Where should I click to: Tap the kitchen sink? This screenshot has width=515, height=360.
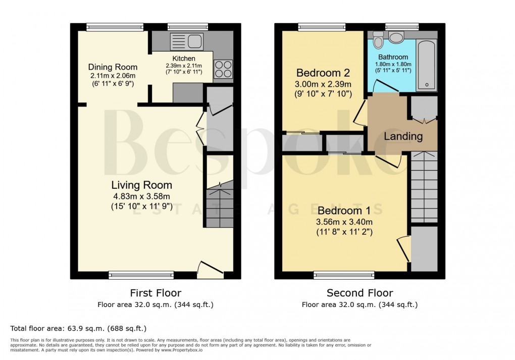point(186,40)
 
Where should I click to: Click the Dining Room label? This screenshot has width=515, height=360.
point(113,67)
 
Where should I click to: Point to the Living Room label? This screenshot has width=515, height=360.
point(141,185)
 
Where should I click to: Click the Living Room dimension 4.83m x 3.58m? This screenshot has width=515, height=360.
point(141,196)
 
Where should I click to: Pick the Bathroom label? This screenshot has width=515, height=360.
point(393,57)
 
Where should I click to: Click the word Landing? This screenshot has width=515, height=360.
point(403,136)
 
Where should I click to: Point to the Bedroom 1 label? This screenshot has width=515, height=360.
point(347,211)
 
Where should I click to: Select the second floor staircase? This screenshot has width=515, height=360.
point(424,187)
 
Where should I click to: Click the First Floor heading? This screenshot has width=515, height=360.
point(156,293)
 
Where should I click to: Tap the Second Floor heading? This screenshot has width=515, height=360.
point(359,293)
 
